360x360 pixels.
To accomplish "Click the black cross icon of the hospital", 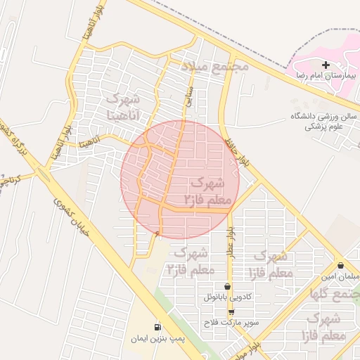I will (x=325, y=65).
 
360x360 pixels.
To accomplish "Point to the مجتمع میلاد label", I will (x=215, y=65).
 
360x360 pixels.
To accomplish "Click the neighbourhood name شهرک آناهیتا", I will (x=125, y=104).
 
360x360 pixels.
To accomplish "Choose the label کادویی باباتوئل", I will (x=227, y=297).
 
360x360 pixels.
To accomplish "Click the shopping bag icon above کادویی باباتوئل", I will (x=227, y=287).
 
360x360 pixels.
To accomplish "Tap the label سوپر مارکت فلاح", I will (x=232, y=323).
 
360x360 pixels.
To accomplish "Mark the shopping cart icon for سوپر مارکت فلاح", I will (x=231, y=312).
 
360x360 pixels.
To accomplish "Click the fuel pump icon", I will (x=156, y=328).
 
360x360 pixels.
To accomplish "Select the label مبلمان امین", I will (x=342, y=277).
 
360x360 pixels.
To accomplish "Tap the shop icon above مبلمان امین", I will (x=341, y=266).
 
